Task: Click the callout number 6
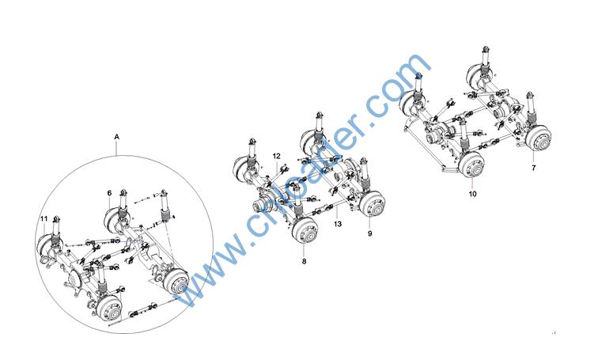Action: tap(109, 193)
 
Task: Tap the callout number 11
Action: tap(44, 219)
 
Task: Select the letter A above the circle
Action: tap(117, 137)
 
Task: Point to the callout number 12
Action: tap(277, 156)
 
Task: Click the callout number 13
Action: tap(338, 224)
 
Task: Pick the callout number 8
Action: tap(304, 262)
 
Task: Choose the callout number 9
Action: tap(370, 233)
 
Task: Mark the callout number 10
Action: tap(472, 194)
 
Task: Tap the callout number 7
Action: tap(534, 168)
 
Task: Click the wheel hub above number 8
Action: tap(305, 232)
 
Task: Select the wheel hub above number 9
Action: tap(372, 204)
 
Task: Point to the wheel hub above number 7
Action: tap(538, 138)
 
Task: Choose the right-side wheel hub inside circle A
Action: tap(176, 282)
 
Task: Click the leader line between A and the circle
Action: tap(117, 148)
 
